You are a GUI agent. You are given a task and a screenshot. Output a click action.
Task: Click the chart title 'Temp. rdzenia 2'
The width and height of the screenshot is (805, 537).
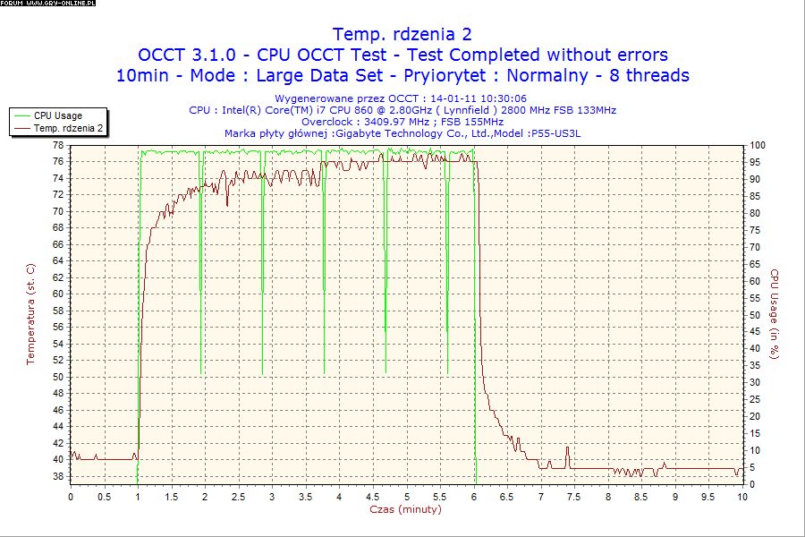click(x=402, y=35)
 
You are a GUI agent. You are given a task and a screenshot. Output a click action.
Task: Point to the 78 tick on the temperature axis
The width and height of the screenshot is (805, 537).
click(x=57, y=145)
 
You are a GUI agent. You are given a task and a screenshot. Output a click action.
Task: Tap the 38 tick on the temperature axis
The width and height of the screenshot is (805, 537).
click(x=57, y=476)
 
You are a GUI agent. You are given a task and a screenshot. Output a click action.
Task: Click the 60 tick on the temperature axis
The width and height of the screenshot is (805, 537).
click(x=57, y=294)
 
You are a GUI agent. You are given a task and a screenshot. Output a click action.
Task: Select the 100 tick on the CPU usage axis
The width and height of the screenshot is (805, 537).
click(x=757, y=145)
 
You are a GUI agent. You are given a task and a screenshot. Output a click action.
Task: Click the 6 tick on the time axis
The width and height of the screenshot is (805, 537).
click(x=475, y=496)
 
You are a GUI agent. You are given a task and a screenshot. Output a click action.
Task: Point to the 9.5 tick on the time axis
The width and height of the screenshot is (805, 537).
click(x=710, y=496)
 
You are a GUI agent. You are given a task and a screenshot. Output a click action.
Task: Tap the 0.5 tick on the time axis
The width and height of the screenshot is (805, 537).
click(x=105, y=496)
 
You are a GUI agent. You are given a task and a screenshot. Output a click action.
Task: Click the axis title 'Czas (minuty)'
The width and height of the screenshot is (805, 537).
click(x=405, y=508)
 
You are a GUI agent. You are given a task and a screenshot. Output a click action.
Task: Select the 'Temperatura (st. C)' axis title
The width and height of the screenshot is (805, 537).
click(x=30, y=314)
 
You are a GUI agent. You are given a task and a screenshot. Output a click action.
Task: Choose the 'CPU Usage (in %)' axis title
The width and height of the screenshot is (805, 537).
click(x=775, y=314)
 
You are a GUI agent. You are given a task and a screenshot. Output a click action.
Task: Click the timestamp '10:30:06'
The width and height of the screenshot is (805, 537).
click(x=502, y=98)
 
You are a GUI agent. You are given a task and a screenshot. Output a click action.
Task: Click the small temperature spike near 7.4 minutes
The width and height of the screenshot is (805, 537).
click(x=566, y=448)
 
